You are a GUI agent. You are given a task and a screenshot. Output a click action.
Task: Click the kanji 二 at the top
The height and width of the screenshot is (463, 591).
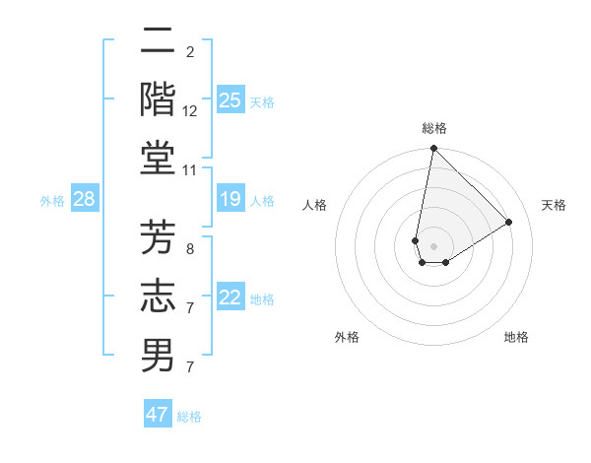click(x=158, y=41)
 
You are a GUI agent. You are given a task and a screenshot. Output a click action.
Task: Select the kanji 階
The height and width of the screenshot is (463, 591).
click(x=158, y=99)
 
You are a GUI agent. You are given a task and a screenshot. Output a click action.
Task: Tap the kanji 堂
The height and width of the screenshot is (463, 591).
click(x=158, y=158)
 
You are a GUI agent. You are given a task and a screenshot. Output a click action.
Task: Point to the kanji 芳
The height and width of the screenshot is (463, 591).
click(x=158, y=236)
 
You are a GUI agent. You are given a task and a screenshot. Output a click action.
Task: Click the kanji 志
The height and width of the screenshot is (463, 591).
click(x=158, y=296)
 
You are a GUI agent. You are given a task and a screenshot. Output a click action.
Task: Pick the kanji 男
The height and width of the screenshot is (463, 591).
click(x=158, y=355)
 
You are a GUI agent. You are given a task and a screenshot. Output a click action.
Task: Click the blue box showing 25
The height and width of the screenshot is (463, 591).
click(x=230, y=99)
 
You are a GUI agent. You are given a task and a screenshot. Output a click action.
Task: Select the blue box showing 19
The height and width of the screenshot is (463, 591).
click(x=230, y=200)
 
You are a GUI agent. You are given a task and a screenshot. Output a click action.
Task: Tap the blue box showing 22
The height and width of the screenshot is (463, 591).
click(x=230, y=298)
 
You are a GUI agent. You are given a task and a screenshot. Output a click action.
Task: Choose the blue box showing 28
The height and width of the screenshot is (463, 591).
click(x=85, y=200)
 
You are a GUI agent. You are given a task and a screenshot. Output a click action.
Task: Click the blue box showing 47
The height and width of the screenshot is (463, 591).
click(x=158, y=415)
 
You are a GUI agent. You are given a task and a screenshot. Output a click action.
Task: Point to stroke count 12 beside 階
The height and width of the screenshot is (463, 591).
click(x=190, y=110)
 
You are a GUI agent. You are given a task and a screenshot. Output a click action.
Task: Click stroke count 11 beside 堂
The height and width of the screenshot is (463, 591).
click(x=190, y=169)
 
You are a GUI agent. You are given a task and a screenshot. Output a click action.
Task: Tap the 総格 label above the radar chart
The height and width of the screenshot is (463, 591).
click(x=434, y=128)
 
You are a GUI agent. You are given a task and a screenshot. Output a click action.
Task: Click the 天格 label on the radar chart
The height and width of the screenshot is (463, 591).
click(x=554, y=205)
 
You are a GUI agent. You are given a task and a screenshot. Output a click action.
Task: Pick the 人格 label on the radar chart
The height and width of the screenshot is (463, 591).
click(x=315, y=205)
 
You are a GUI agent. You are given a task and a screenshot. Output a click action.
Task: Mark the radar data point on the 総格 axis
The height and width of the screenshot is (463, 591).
click(x=433, y=149)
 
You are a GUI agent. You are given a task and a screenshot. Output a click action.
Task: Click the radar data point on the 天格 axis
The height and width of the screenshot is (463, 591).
click(x=508, y=222)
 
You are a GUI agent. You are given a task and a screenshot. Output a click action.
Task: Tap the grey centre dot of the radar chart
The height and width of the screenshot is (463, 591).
click(x=433, y=245)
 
